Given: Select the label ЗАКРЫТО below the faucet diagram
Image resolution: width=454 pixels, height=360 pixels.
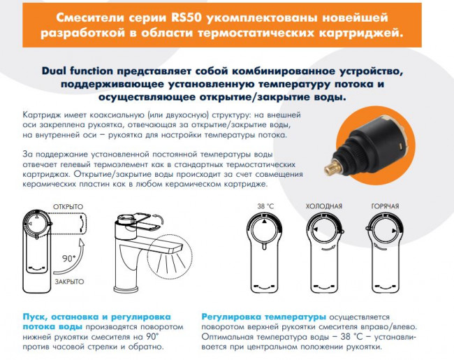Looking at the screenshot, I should pos(68,281).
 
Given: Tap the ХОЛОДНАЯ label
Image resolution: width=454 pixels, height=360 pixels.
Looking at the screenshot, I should pos(324,207).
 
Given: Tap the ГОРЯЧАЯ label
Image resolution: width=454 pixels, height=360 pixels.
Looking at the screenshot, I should pos(385,207).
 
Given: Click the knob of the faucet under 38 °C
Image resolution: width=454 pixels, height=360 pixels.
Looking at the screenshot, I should pos(265,231).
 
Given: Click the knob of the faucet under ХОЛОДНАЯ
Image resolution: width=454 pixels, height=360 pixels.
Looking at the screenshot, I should pos(325,231).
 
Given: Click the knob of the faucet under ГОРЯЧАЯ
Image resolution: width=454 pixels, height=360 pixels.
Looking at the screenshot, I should pos(385,231).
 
